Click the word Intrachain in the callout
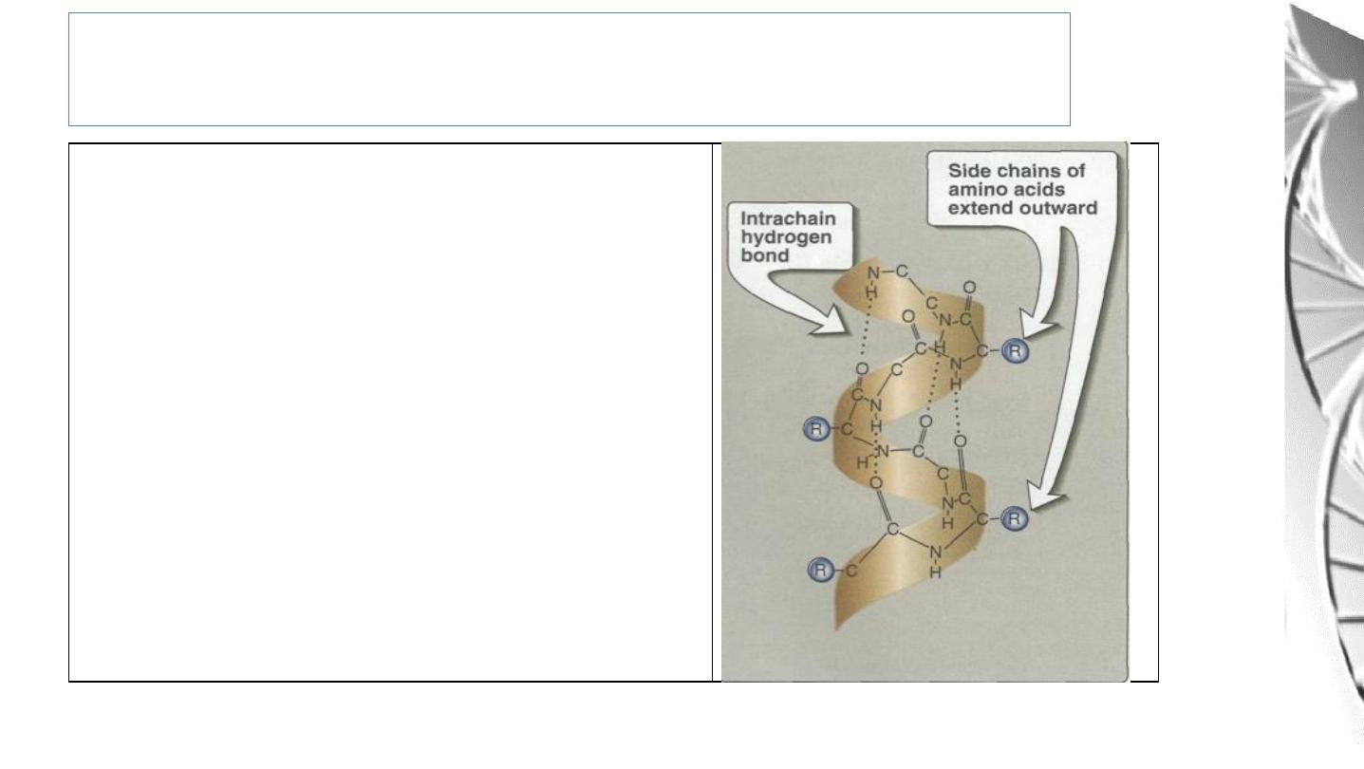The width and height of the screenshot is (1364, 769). [x=788, y=218]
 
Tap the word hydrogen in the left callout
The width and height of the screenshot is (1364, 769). [x=786, y=236]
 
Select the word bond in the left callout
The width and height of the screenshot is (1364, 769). [x=765, y=255]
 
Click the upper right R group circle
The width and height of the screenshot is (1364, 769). [x=1015, y=351]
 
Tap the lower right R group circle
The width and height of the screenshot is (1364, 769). [x=1014, y=518]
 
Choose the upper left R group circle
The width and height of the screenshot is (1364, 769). [x=816, y=429]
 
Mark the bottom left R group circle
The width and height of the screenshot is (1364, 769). [x=821, y=570]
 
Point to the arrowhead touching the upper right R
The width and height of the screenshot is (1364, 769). [x=1034, y=326]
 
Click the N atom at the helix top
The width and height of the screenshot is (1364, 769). [x=873, y=273]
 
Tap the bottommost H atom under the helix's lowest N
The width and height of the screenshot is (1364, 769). [x=936, y=572]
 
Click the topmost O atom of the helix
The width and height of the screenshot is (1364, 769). [x=969, y=287]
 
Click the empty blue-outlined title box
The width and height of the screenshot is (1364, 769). [x=570, y=69]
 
